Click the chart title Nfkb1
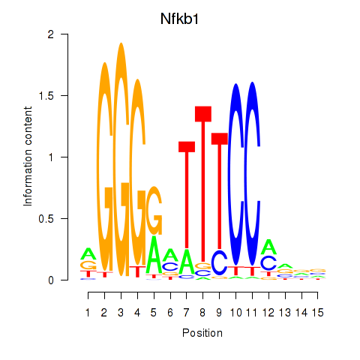[179, 19]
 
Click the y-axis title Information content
[28, 156]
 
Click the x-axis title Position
[202, 333]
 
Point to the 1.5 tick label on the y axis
[46, 95]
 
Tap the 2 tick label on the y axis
[51, 34]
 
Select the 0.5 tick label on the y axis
[46, 218]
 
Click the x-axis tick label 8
[202, 313]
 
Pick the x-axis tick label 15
[317, 313]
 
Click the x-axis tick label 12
[268, 313]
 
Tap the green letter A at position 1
[88, 253]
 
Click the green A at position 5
[154, 255]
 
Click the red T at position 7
[187, 195]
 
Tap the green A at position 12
[268, 247]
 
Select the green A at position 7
[187, 262]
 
